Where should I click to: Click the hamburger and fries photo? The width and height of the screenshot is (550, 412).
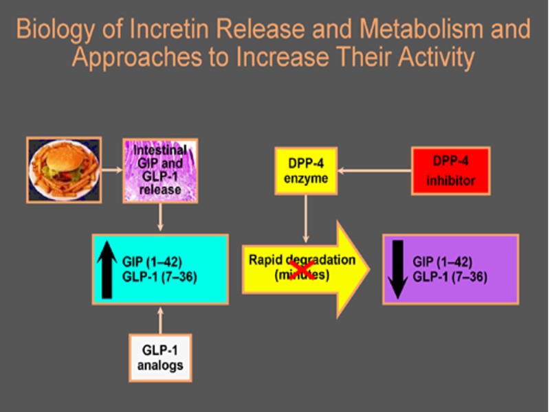pyautogui.click(x=64, y=169)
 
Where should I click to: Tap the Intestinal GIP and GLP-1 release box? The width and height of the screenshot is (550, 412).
pyautogui.click(x=159, y=170)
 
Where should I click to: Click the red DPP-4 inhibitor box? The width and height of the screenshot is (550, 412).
pyautogui.click(x=450, y=171)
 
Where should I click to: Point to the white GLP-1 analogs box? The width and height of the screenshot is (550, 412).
pyautogui.click(x=160, y=356)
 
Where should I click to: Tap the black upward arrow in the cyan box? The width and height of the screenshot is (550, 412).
pyautogui.click(x=107, y=268)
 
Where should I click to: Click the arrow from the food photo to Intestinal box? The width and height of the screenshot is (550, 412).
pyautogui.click(x=112, y=168)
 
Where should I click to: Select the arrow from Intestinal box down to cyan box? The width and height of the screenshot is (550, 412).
pyautogui.click(x=160, y=218)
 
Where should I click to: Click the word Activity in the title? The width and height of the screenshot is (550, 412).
pyautogui.click(x=432, y=58)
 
